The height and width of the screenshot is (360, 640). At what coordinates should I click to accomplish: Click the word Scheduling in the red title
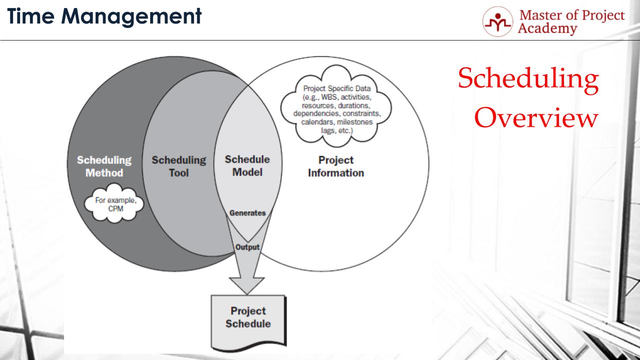click(x=528, y=80)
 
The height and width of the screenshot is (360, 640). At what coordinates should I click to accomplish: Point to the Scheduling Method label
click(x=104, y=166)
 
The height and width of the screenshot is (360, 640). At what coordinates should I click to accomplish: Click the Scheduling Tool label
click(x=179, y=166)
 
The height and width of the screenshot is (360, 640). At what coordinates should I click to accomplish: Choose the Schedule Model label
click(x=247, y=166)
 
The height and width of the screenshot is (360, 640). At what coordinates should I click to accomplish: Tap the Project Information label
click(x=336, y=166)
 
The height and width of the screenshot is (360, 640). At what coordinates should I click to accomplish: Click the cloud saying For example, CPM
click(x=116, y=204)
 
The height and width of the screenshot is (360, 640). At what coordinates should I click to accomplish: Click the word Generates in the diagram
click(x=247, y=213)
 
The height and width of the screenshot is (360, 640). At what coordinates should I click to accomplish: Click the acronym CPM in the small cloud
click(x=116, y=209)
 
